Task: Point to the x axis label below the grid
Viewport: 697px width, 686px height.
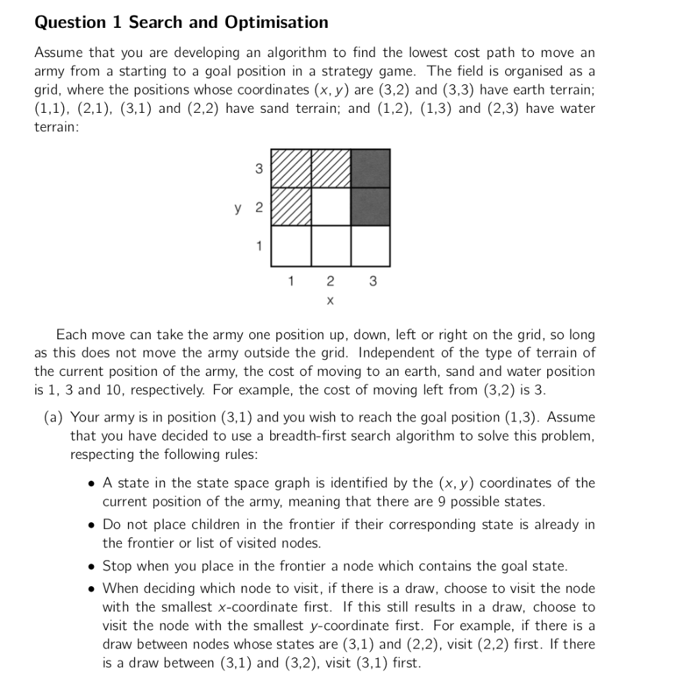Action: coord(330,299)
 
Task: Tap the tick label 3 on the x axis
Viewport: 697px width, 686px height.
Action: coord(371,281)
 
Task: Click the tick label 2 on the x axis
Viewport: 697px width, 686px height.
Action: coord(330,281)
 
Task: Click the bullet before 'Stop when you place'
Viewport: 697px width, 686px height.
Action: coord(91,566)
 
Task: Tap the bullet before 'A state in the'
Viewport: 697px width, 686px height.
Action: coord(91,484)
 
